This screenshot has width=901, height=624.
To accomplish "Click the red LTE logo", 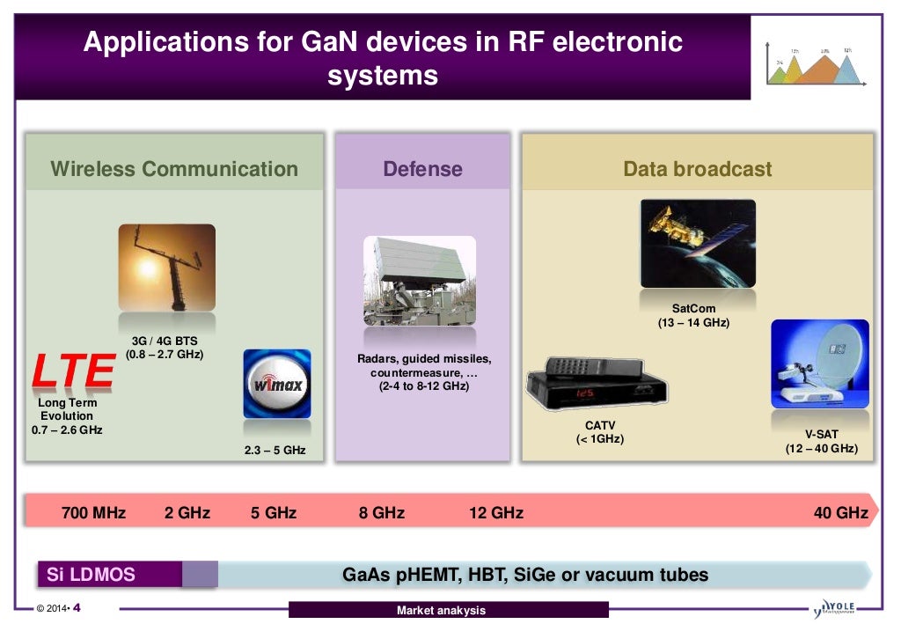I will coord(73,371).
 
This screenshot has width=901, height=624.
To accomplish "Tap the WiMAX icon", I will coord(276,384).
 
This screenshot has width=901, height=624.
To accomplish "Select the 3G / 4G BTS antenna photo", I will coord(166,268).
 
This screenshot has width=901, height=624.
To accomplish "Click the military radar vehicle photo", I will coord(420,281).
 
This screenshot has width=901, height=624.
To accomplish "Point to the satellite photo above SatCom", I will coord(698,244).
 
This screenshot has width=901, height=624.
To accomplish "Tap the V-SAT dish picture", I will coord(819,364).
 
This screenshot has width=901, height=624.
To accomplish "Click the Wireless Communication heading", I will coord(174,169).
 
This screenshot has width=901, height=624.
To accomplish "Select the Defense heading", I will coord(422,169).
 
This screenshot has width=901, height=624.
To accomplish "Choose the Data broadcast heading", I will coord(697,169).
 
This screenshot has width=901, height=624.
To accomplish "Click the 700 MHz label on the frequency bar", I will coord(93,512).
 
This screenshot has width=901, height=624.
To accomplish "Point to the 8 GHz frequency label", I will coord(382,512).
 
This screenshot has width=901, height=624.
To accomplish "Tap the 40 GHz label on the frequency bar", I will coord(840,512).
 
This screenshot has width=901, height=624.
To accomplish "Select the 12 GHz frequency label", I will coord(496,512).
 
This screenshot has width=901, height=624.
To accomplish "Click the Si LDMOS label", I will coord(91,575).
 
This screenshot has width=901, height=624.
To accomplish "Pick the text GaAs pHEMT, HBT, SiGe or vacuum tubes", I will coord(524,575).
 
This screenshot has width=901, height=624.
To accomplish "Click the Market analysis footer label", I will coord(441,610).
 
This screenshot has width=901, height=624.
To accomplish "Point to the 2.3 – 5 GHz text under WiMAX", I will coord(275,450).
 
